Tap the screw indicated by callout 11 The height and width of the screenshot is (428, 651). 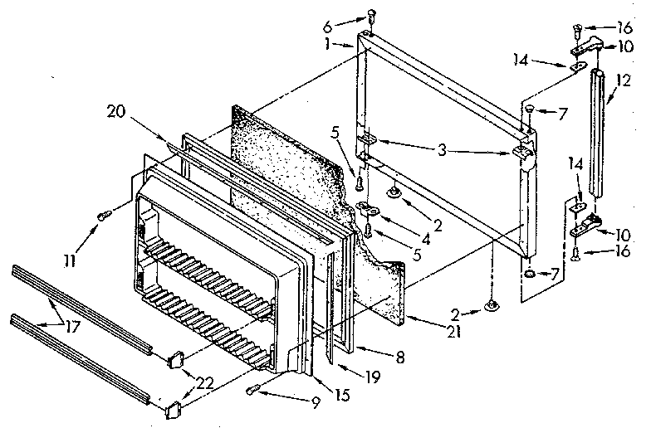tap(103, 216)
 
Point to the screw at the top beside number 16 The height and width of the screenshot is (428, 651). tap(577, 32)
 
